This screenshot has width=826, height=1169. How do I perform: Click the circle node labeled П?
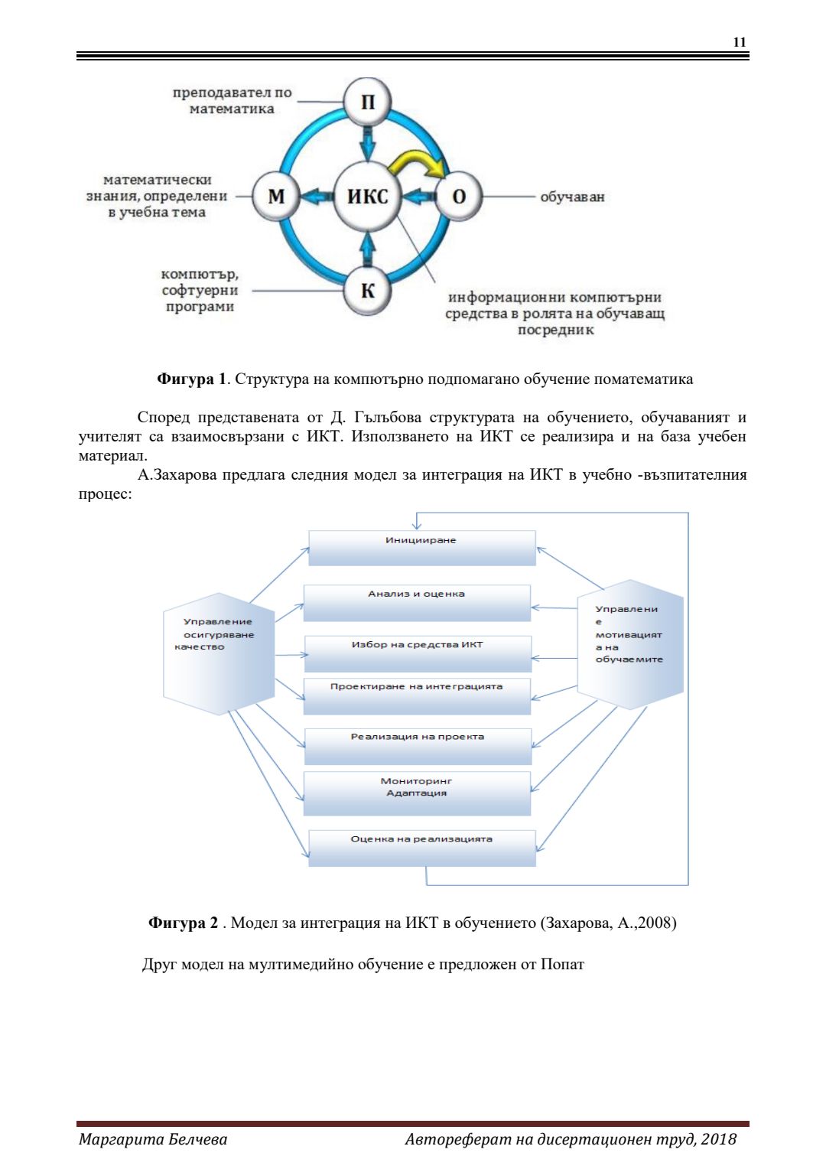click(x=368, y=102)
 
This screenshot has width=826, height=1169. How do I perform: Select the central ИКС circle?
click(x=368, y=197)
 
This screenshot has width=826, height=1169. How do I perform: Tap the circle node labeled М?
click(x=276, y=197)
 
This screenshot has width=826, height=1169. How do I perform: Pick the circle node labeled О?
click(x=459, y=197)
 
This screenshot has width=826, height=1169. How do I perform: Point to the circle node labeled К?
click(x=368, y=291)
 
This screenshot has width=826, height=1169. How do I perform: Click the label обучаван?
click(x=572, y=197)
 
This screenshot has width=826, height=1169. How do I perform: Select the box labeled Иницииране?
click(x=421, y=548)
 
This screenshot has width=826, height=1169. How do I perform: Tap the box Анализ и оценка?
click(x=417, y=602)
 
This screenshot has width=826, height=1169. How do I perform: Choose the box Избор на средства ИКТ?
click(x=418, y=653)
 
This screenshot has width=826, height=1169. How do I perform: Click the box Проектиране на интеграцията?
click(x=417, y=695)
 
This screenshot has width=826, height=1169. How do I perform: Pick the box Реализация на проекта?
click(x=418, y=746)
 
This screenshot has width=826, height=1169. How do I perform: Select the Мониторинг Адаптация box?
click(x=417, y=793)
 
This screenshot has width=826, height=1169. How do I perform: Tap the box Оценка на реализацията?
click(x=421, y=848)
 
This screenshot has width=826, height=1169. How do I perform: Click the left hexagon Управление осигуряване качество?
click(x=219, y=653)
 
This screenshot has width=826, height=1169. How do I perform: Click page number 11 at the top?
click(x=739, y=42)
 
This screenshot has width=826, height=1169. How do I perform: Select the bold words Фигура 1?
click(x=191, y=379)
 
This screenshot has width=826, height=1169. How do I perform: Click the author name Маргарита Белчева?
click(x=153, y=1139)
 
